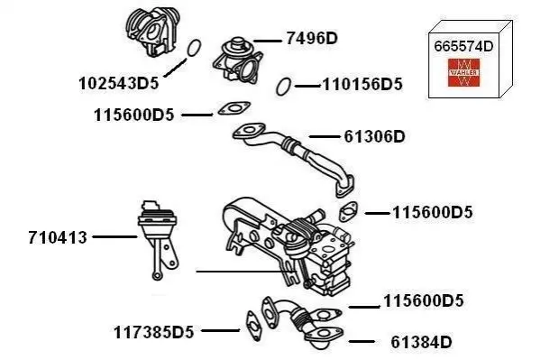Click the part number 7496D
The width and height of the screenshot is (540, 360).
coord(312,38)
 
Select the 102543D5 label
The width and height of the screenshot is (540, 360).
coord(119,83)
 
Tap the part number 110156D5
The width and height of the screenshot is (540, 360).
coord(362,85)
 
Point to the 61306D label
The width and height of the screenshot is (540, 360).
coord(375,136)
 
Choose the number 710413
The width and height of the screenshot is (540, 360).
coord(58,237)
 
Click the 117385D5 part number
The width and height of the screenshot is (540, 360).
coord(154,332)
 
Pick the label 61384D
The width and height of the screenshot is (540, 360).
coord(421,343)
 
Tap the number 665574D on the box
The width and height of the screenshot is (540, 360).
coord(463,46)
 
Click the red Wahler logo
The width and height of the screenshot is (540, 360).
coord(463,72)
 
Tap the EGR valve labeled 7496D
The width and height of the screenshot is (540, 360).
coord(238,60)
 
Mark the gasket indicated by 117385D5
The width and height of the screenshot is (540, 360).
coord(254,326)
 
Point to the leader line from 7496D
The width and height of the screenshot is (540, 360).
coord(267,41)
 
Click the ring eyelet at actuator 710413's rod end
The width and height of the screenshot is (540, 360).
coord(157,275)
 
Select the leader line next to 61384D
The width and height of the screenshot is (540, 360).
coord(362,342)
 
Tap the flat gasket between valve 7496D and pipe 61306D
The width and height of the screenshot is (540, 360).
coord(234,108)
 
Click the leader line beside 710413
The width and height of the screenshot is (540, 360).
coord(114,237)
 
